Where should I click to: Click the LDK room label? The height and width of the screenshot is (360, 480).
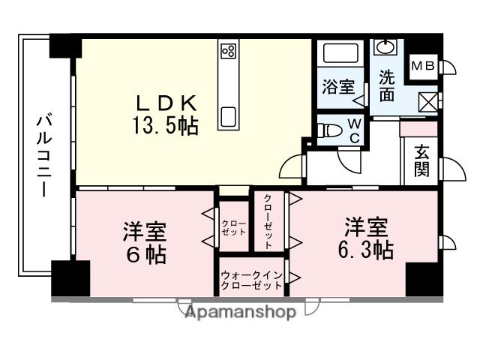coord(166,101)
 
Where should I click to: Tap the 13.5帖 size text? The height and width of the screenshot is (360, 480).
coord(166,126)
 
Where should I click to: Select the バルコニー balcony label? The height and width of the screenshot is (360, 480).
coord(43,156)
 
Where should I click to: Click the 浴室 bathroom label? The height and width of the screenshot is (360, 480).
coord(338,85)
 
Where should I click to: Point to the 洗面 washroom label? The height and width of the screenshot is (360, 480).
coord(386,84)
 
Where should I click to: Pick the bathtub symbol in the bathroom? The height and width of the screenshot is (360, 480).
coord(341,55)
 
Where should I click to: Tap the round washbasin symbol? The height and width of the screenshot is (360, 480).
coord(385,49)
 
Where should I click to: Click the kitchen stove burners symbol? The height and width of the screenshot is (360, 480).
coord(229,52)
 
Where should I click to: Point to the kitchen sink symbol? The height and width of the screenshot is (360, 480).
coord(229,117)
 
